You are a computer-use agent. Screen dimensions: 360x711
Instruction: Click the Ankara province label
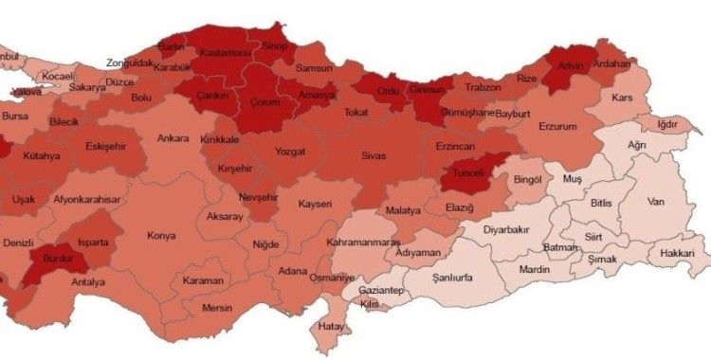[x=173, y=137]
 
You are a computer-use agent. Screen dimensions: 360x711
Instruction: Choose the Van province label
[x=654, y=201]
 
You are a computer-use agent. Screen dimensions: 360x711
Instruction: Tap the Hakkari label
[x=679, y=254]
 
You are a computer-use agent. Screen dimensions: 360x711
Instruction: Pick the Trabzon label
[x=482, y=88]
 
